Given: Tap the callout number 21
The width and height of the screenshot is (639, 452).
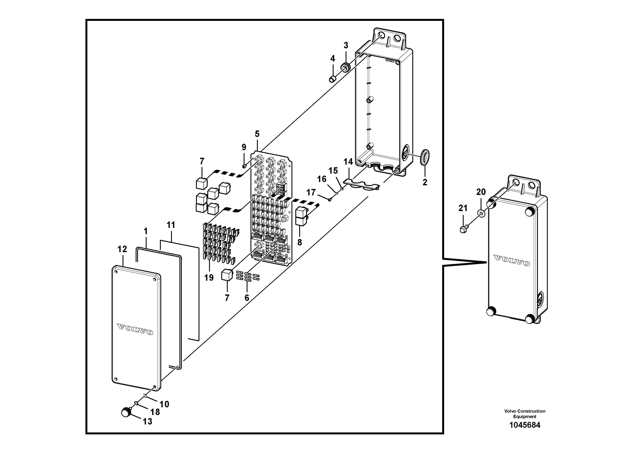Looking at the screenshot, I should (463, 208).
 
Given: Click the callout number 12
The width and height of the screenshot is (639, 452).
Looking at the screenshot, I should (122, 249).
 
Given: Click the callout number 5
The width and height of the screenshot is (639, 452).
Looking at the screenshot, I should (257, 134).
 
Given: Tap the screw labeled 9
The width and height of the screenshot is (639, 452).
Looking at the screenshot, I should (244, 166).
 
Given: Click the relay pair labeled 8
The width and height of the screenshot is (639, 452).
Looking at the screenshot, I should (300, 216).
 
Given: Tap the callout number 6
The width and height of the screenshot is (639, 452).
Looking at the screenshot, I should (247, 298).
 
